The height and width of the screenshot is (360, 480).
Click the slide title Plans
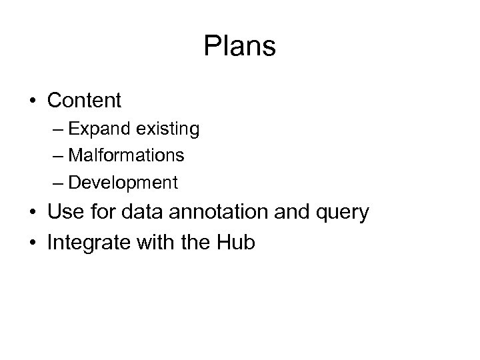tap(240, 47)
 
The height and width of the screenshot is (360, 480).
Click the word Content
tap(84, 101)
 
